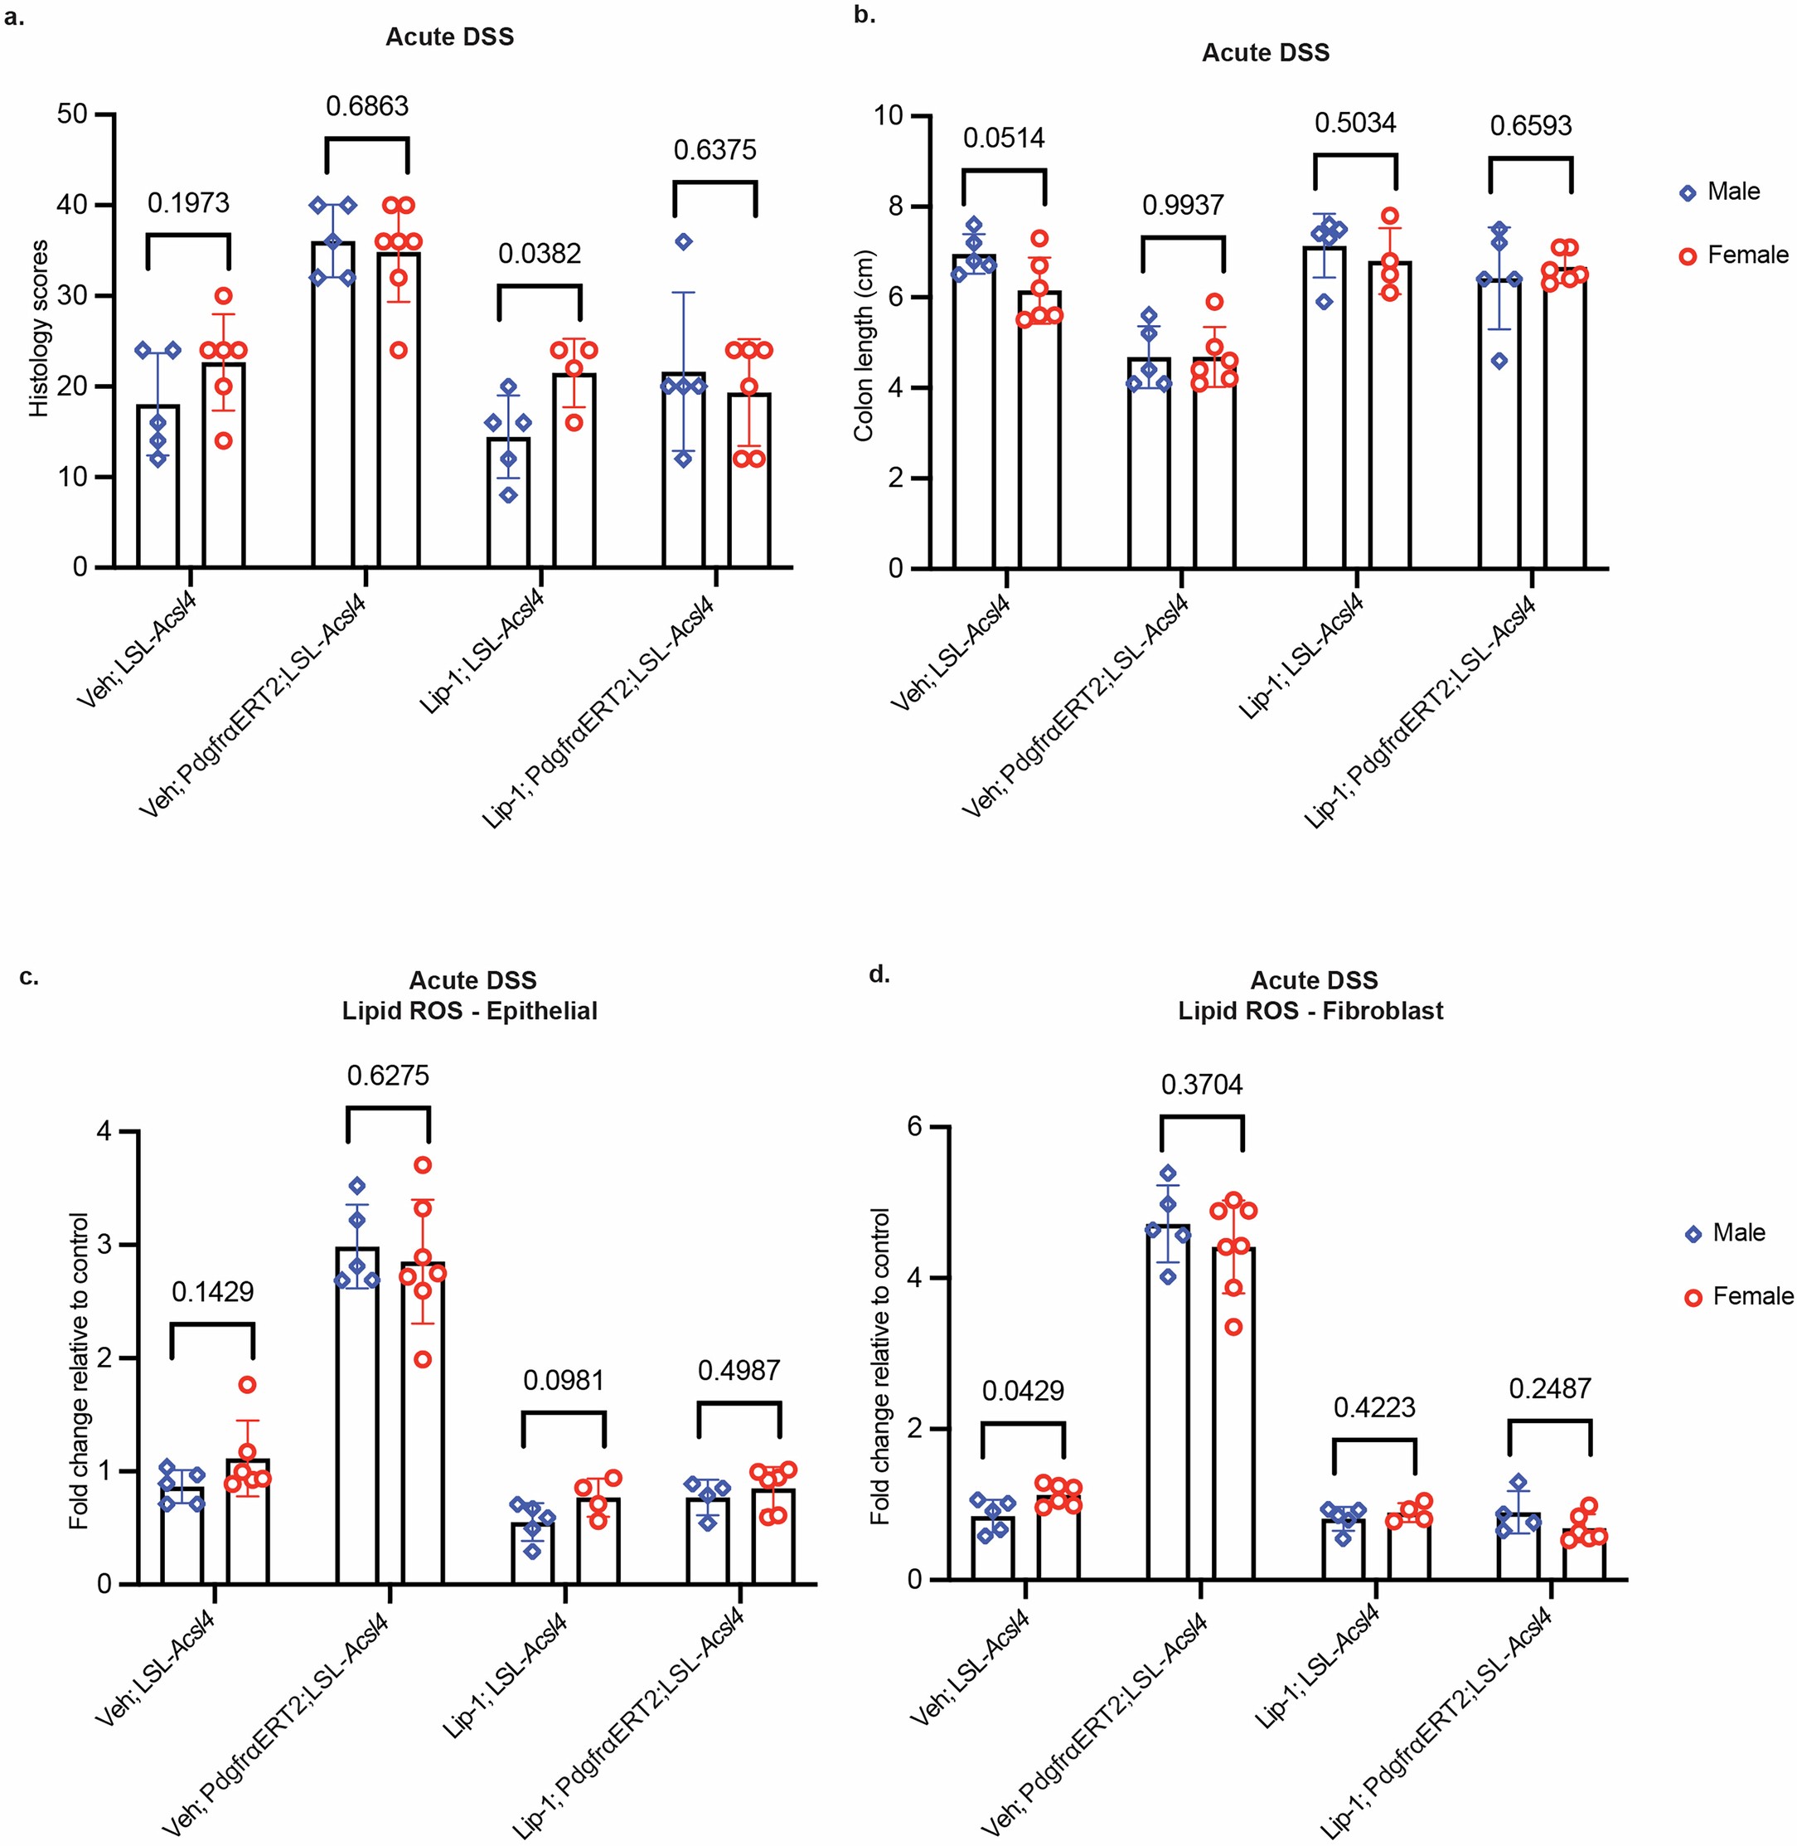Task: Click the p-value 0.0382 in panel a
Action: coord(539,253)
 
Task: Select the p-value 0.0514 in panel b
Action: coord(1003,138)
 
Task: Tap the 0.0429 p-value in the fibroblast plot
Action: coord(1022,1391)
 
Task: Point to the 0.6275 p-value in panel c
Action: coord(387,1076)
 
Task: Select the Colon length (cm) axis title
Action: coord(863,346)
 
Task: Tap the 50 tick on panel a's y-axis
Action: coord(73,114)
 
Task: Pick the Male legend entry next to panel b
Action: coord(1733,192)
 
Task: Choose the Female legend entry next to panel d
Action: coord(1751,1296)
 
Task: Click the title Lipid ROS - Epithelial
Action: coord(469,1011)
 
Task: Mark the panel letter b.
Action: coord(864,15)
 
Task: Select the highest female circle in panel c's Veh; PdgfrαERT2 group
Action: coord(423,1165)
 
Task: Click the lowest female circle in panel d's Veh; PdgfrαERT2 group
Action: coord(1233,1328)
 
